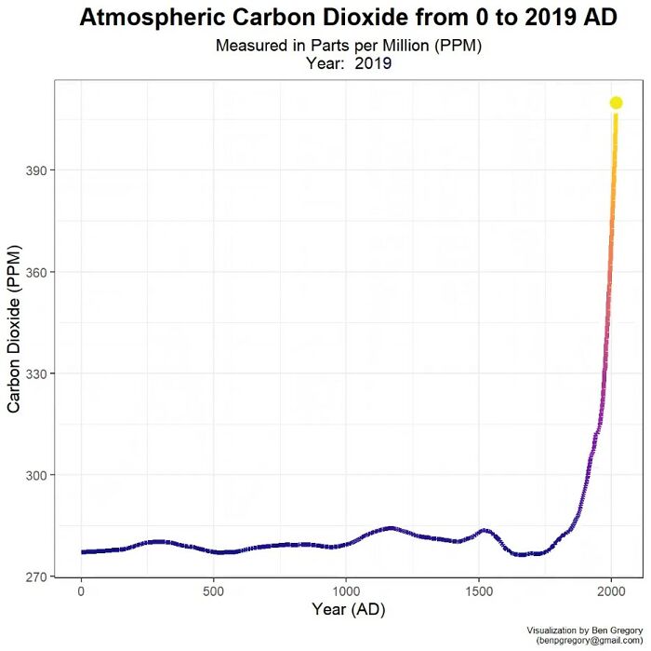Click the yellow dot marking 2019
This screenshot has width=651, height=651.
click(616, 102)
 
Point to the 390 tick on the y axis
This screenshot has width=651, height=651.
click(41, 170)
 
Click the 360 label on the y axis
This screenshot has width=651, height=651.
click(41, 272)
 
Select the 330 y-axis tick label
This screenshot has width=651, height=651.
click(41, 373)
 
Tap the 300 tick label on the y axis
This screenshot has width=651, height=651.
click(41, 475)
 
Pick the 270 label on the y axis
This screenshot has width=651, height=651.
click(41, 576)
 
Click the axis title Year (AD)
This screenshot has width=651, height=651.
click(348, 610)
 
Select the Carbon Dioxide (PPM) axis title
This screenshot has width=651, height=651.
click(15, 331)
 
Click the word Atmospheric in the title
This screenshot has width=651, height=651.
click(148, 18)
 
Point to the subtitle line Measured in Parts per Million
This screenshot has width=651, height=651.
click(348, 46)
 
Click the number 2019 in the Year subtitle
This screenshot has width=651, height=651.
click(372, 64)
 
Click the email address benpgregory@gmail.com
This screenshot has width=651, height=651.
click(591, 642)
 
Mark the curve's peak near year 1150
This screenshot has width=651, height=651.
click(389, 528)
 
